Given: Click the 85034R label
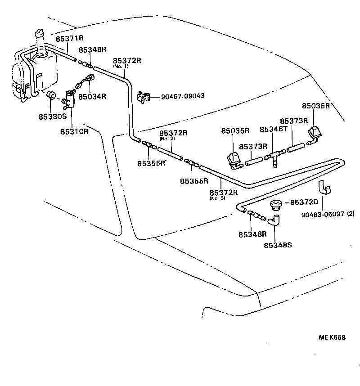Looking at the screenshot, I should coord(92,96).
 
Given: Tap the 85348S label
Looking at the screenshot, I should coord(278,245).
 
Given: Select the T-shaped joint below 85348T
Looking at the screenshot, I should coord(274,157).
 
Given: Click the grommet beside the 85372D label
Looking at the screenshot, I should coord(275,206).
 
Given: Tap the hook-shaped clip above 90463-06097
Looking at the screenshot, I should coord(323,187).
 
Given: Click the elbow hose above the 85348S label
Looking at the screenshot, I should coord(274,220).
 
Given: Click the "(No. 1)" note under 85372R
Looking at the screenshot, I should coord(121,66).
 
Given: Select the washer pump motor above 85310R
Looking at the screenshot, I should coord(69,98).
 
